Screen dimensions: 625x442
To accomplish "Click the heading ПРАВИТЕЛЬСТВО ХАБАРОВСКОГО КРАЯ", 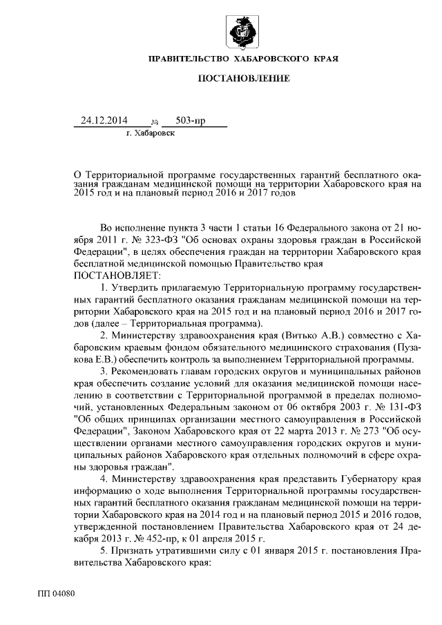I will tap(243, 61).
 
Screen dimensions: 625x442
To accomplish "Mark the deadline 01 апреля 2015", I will tap(236, 539).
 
